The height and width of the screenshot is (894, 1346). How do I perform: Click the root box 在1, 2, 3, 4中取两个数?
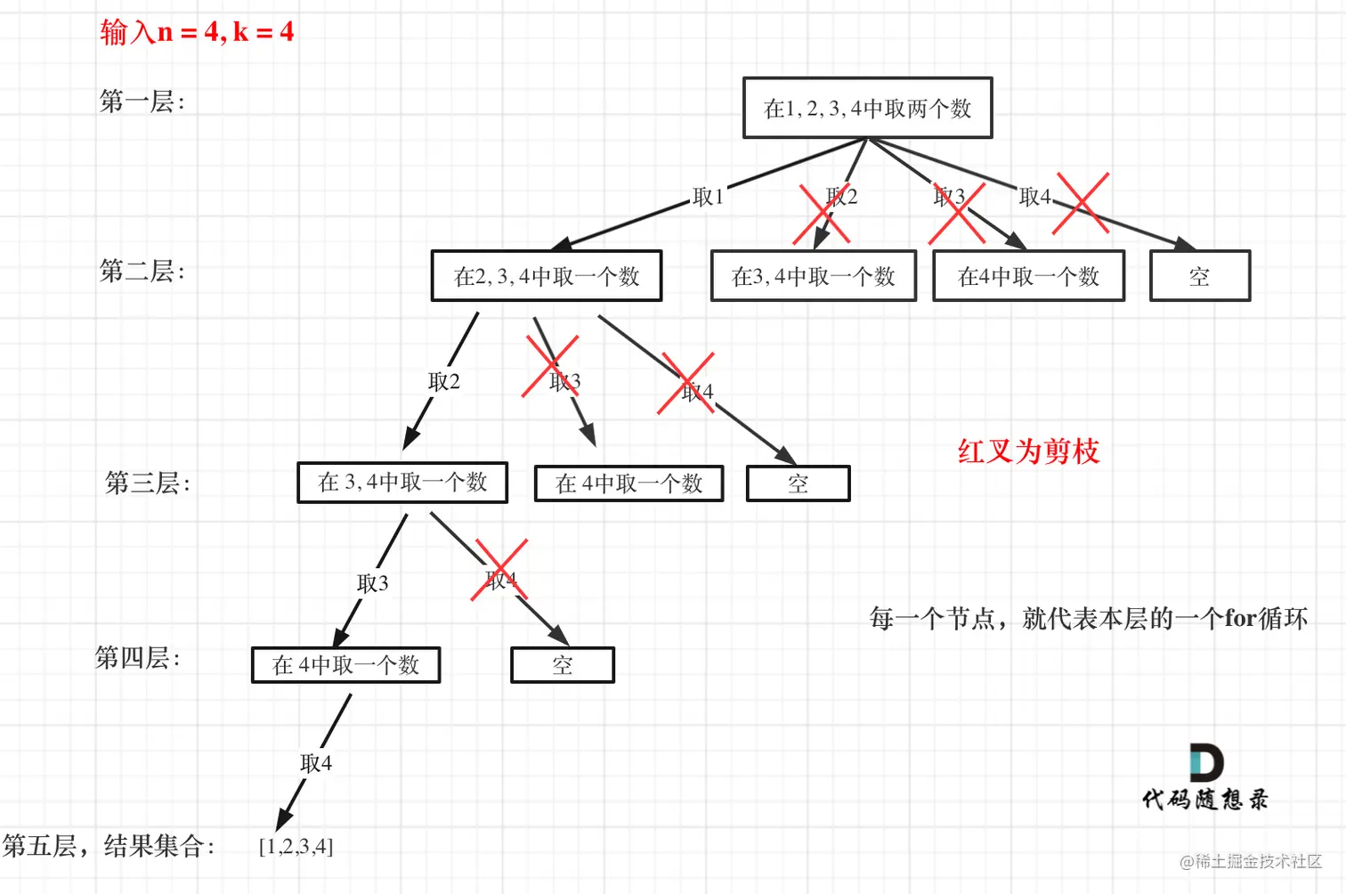(x=867, y=108)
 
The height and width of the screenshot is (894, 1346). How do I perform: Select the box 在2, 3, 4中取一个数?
(x=547, y=276)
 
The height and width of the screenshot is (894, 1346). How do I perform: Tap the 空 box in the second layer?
(x=1199, y=276)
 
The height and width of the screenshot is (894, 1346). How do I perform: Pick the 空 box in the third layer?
(x=798, y=484)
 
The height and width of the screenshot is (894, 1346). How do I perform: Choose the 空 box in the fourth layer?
(x=562, y=665)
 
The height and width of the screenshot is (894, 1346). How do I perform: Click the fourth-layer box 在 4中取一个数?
(x=345, y=665)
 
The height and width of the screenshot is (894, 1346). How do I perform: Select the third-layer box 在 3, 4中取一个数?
(x=402, y=483)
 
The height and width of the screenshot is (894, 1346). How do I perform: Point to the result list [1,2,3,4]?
(x=296, y=846)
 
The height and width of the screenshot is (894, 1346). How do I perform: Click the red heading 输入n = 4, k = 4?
(x=197, y=32)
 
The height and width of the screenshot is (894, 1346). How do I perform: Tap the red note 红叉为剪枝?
(x=1028, y=451)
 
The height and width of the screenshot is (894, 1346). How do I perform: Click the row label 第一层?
(x=142, y=102)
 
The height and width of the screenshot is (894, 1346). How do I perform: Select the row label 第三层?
(x=147, y=483)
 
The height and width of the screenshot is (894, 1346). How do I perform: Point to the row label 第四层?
(x=137, y=658)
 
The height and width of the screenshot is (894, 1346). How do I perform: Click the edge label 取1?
(x=708, y=197)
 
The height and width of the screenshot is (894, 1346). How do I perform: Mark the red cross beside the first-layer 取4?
(x=1081, y=204)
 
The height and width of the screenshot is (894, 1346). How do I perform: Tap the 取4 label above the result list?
(x=316, y=763)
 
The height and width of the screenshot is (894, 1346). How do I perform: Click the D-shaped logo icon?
(x=1206, y=763)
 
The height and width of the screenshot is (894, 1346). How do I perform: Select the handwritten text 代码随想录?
(x=1205, y=799)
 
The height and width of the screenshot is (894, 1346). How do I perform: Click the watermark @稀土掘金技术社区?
(x=1250, y=861)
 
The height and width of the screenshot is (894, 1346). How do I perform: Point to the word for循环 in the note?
(x=1266, y=618)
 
